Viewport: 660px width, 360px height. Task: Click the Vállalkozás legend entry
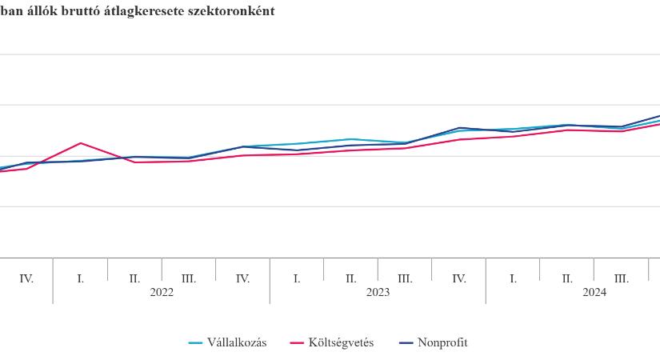coord(228,342)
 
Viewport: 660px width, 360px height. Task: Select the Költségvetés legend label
coord(341,342)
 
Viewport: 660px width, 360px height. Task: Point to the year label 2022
coord(162,293)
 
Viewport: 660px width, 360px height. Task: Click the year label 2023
coord(378,293)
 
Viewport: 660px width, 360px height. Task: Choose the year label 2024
coord(594,293)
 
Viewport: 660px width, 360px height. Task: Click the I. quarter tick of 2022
coord(81,279)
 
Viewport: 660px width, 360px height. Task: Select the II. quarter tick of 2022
coord(134,279)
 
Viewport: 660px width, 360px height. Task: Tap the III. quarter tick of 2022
coord(189,279)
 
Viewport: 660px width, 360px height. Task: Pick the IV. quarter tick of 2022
coord(243,279)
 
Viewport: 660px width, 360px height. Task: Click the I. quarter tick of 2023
coord(297,279)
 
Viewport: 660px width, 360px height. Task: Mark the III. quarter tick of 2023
coord(405,279)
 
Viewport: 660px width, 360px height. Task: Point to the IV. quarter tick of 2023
coord(459,279)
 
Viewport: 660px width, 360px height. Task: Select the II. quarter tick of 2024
coord(567,279)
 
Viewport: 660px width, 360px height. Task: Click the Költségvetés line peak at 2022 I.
coord(81,143)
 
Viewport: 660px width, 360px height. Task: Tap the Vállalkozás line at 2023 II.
coord(351,139)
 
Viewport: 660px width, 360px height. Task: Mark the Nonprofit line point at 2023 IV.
coord(459,127)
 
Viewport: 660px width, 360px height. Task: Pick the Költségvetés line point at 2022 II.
coord(134,162)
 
